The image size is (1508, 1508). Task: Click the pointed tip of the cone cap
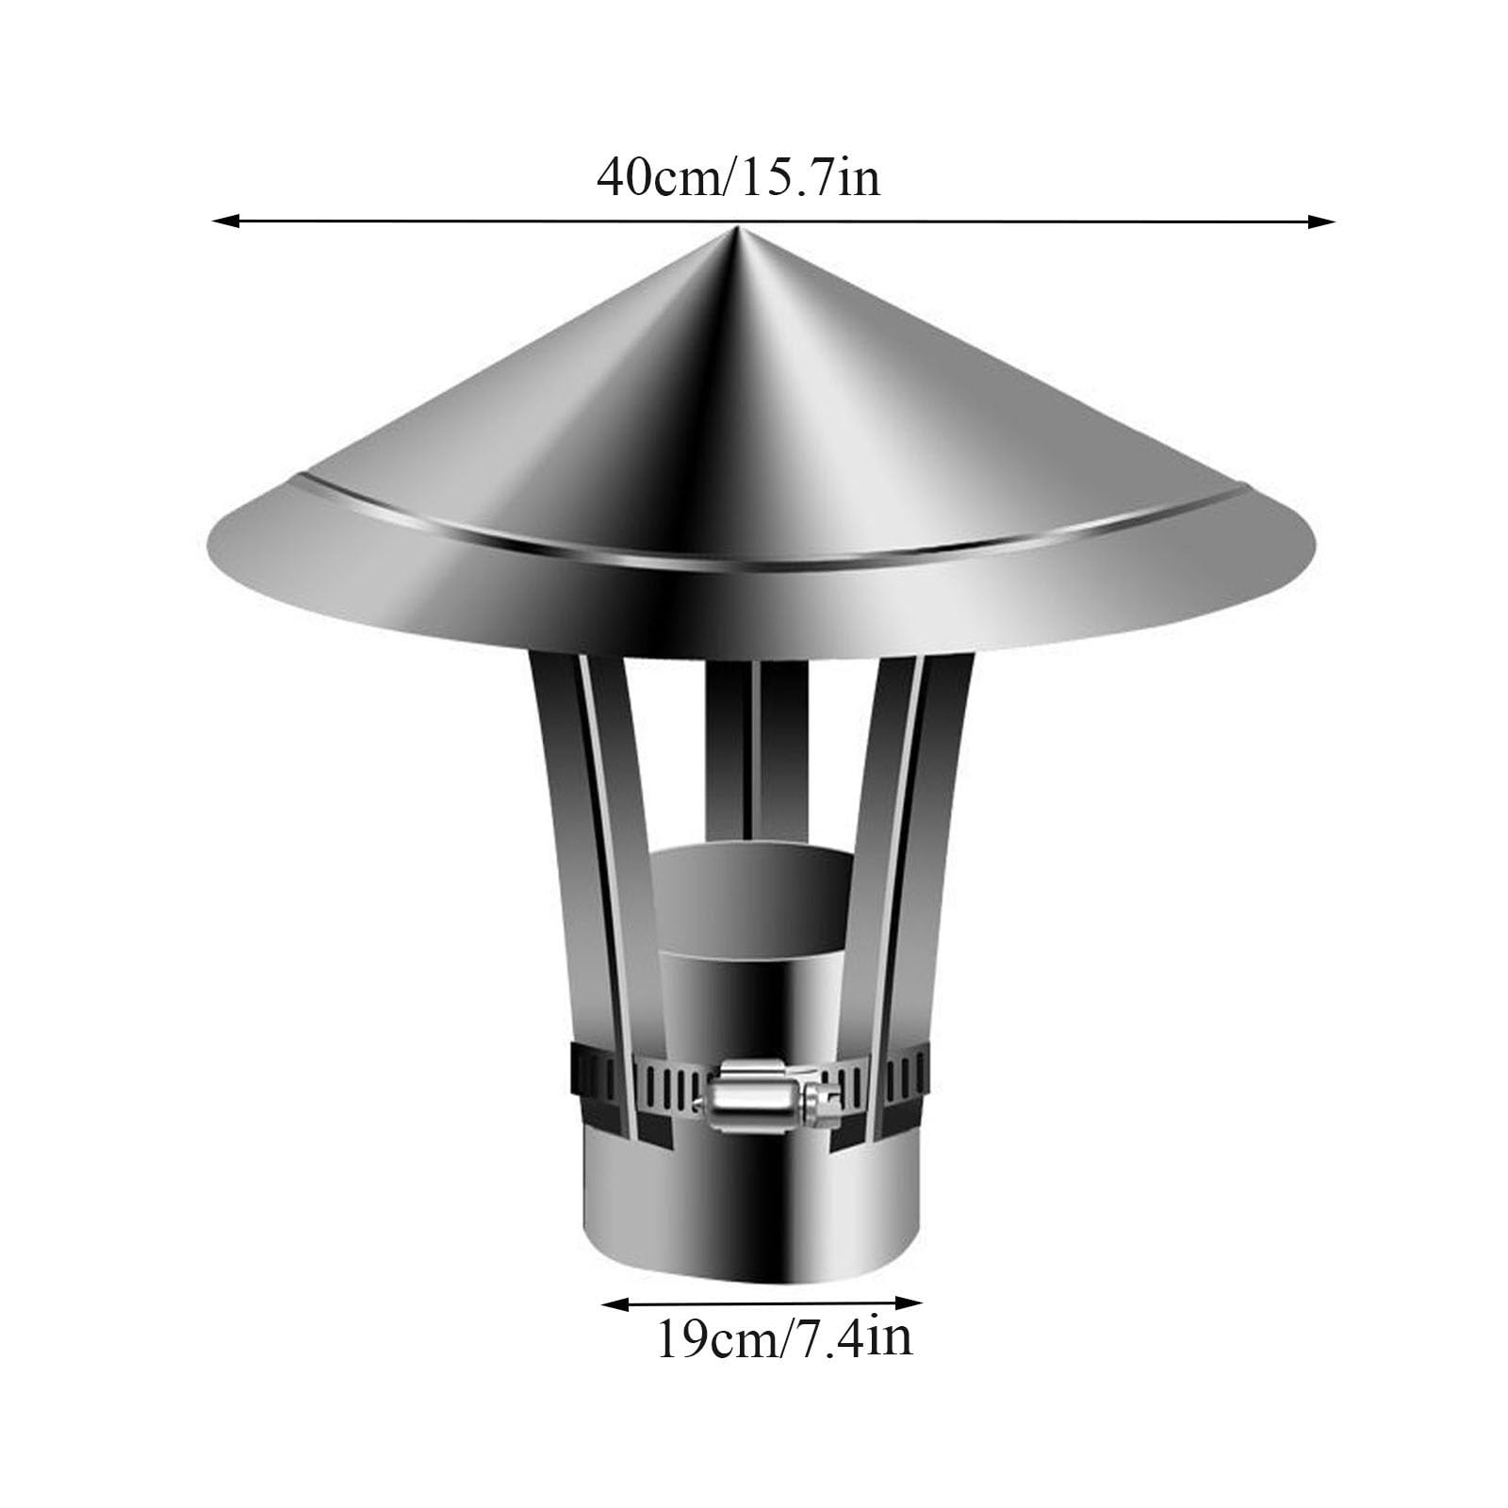pos(736,229)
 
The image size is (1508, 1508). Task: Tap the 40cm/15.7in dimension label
pos(738,176)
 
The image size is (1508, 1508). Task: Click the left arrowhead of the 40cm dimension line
pos(224,221)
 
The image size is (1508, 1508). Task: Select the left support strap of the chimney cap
pos(594,895)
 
